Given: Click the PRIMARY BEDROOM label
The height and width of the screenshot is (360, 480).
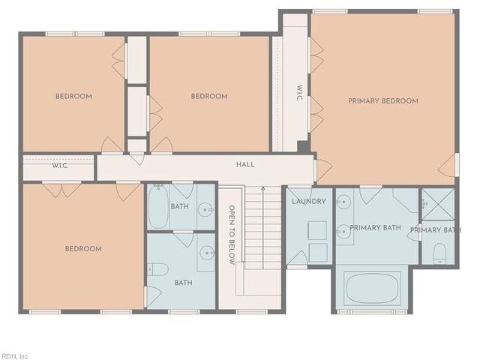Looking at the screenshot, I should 382,100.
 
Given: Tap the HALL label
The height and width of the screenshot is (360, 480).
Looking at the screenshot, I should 245,165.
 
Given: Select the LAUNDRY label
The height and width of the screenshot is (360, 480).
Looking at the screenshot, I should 308,202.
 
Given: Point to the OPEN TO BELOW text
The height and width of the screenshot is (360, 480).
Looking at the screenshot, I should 232,235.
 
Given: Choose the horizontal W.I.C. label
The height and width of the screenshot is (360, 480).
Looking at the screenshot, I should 61,166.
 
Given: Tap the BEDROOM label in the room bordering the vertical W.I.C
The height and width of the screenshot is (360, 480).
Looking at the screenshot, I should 208,96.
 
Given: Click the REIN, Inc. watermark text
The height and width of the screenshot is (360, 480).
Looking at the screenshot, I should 15,355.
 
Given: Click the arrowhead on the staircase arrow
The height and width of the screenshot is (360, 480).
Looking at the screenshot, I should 263,188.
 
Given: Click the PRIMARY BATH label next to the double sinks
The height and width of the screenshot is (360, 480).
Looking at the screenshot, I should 375,228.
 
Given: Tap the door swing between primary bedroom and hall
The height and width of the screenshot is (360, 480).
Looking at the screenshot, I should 322,169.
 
